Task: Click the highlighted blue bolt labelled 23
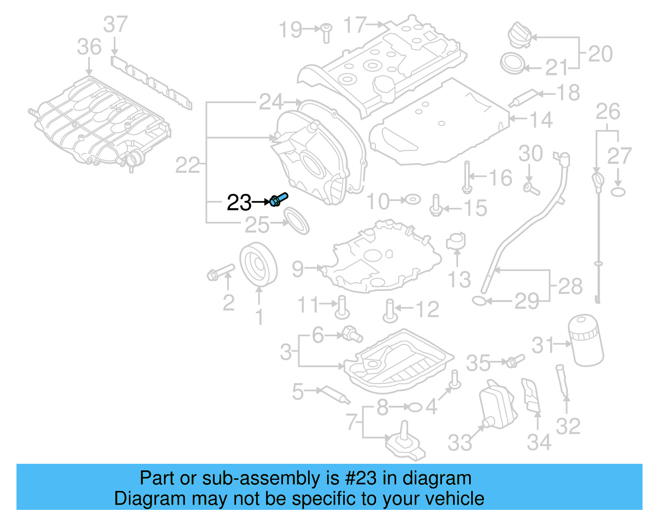[x=278, y=200]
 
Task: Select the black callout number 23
[x=239, y=202]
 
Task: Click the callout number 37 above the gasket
[x=115, y=24]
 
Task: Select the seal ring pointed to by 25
[x=296, y=221]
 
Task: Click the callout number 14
[x=541, y=120]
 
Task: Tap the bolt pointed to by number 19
[x=326, y=32]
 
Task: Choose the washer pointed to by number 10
[x=412, y=200]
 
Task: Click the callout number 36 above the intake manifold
[x=89, y=47]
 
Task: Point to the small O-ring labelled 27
[x=618, y=192]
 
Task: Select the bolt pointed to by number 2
[x=220, y=272]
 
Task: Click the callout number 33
[x=460, y=443]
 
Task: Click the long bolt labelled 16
[x=467, y=177]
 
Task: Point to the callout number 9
[x=298, y=269]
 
